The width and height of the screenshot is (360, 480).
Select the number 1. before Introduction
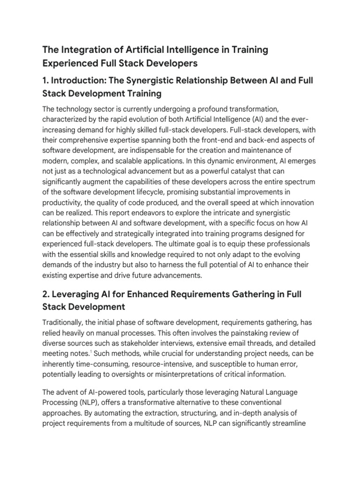pos(46,81)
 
